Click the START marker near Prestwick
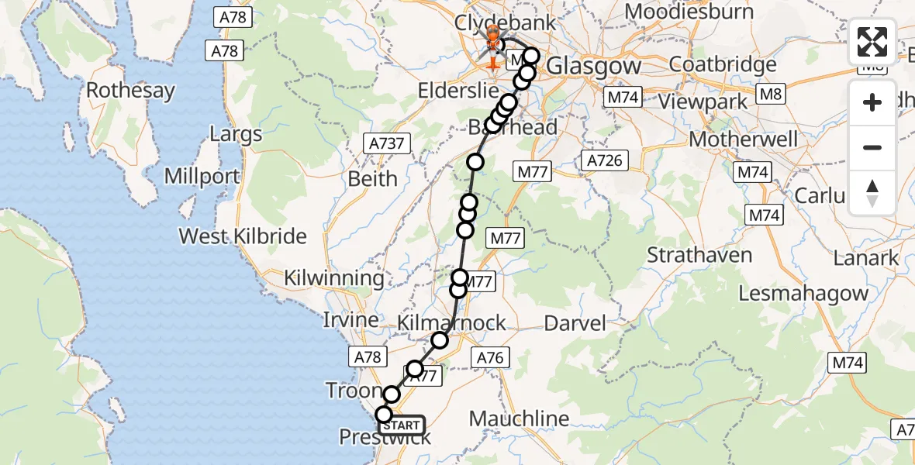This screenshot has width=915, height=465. click(401, 425)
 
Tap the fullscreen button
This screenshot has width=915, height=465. click(872, 42)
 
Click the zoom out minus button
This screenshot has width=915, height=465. click(872, 147)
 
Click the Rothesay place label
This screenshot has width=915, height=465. click(130, 91)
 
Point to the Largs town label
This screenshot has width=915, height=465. click(236, 134)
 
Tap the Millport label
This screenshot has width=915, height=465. click(202, 176)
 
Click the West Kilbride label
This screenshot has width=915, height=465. click(243, 236)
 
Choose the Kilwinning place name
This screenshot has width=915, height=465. click(334, 277)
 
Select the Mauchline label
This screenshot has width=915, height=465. click(520, 418)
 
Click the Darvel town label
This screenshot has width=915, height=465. click(575, 322)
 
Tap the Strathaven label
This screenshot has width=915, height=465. click(699, 255)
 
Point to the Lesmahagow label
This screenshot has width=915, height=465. click(803, 294)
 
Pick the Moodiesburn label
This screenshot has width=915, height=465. click(689, 12)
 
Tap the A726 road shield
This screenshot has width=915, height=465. click(603, 160)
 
